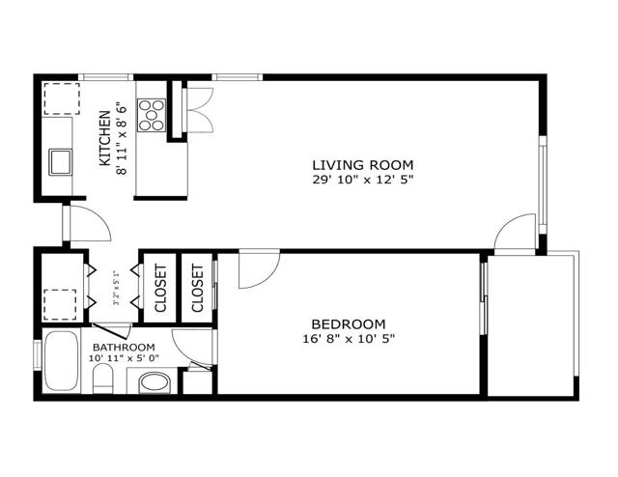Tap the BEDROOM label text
(x=348, y=323)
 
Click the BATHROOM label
(x=124, y=347)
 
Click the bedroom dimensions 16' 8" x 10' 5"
(x=349, y=339)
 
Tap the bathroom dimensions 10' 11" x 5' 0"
(x=124, y=359)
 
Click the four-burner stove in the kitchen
(x=152, y=115)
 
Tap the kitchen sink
(x=60, y=159)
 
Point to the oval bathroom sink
(x=154, y=383)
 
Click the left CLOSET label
(x=160, y=288)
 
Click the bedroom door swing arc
(x=259, y=269)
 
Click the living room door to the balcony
(x=516, y=234)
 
